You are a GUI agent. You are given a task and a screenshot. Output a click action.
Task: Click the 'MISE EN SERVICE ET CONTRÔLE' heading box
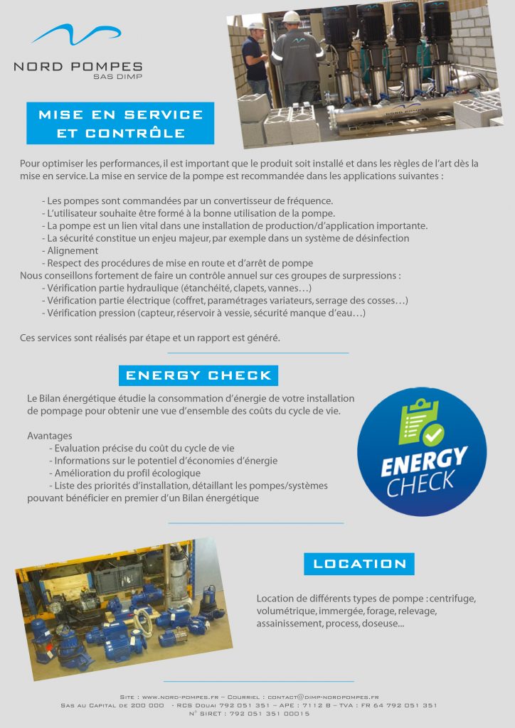120,123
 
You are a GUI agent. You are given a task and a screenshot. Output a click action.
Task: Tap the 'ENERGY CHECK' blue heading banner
198,375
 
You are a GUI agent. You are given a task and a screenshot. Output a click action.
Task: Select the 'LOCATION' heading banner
359,564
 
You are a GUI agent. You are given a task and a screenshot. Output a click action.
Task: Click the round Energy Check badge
422,451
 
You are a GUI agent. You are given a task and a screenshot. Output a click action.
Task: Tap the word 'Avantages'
50,436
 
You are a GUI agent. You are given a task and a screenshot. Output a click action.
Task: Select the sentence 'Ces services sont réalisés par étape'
149,338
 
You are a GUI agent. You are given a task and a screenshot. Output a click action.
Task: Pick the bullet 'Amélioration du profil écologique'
124,473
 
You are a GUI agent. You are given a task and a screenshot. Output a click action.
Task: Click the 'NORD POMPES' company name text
78,66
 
